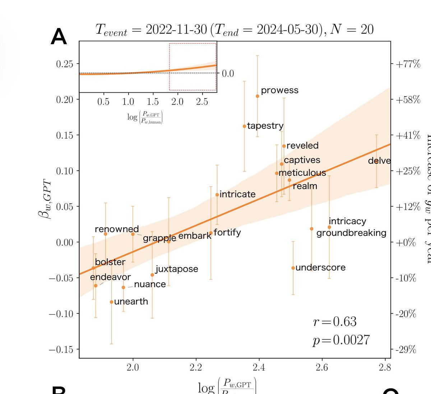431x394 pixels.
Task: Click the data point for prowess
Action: tap(258, 96)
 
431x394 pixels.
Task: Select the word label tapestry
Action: tap(265, 126)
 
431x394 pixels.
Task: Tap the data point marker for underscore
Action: tap(293, 268)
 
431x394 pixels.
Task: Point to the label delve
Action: tap(379, 160)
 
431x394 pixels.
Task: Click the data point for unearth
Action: tap(111, 302)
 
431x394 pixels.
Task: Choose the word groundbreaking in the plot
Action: tap(351, 233)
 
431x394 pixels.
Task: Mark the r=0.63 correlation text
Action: tap(335, 321)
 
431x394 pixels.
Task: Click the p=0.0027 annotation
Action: tap(341, 340)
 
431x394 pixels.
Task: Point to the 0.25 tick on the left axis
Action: tap(65, 64)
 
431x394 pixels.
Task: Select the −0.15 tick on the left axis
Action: tap(61, 349)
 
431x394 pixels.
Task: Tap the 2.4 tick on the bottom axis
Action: tap(259, 367)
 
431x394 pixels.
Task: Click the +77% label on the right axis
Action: tap(408, 64)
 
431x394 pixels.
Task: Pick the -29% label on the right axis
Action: tap(405, 349)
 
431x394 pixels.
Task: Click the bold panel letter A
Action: tap(59, 37)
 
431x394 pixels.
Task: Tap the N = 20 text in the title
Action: tap(352, 29)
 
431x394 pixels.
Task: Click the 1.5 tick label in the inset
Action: tap(153, 102)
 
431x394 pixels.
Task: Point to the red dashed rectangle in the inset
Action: tap(193, 67)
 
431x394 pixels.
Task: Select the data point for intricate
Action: tap(217, 195)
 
